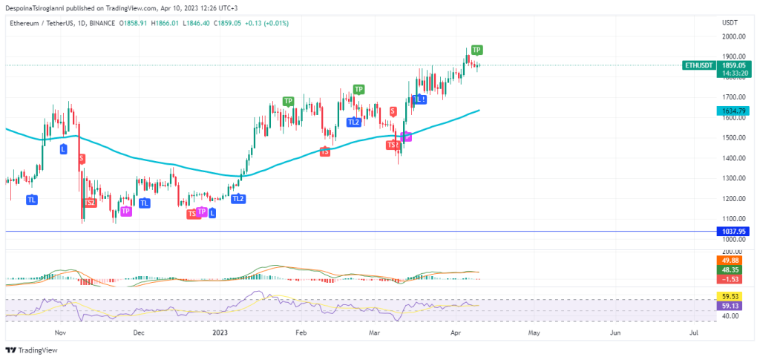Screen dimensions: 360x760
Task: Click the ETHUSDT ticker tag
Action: (699, 65)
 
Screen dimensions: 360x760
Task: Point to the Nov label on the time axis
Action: (61, 333)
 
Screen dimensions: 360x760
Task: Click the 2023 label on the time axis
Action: (219, 333)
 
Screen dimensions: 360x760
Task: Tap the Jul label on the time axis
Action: (695, 333)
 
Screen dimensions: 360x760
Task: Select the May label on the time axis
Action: (534, 333)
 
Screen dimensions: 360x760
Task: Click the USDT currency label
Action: (730, 23)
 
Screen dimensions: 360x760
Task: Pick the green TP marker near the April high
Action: (476, 50)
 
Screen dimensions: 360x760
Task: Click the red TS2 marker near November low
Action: (90, 203)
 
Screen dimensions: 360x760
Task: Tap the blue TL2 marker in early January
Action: (237, 199)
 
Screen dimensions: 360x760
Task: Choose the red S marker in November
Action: (81, 158)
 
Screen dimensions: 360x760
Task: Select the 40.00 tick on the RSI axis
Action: (730, 315)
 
